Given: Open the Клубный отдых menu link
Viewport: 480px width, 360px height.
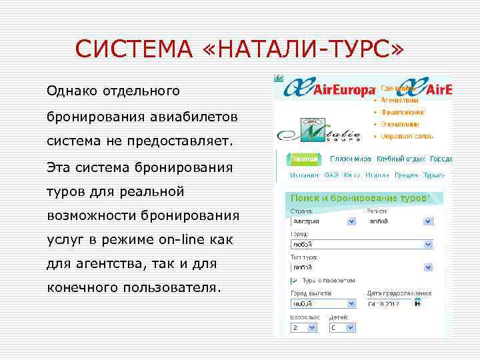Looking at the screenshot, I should click(400, 159).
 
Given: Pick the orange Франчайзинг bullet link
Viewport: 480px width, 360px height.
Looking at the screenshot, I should click(401, 112).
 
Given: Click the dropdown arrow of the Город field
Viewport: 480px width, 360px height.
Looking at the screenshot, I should click(428, 245).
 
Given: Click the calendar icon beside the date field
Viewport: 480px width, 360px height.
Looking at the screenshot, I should click(417, 303).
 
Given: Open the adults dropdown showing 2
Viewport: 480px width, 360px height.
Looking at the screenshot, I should click(304, 328).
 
